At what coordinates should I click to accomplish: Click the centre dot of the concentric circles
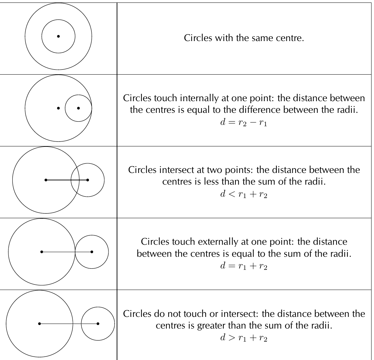(x=58, y=36)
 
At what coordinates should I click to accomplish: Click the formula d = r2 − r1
(x=244, y=122)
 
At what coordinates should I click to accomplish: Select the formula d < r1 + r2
(x=244, y=194)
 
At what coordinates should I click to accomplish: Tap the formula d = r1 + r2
(x=244, y=266)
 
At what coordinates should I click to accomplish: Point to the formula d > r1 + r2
(x=244, y=338)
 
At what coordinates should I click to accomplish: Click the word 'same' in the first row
(x=262, y=38)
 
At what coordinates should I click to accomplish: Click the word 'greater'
(x=211, y=326)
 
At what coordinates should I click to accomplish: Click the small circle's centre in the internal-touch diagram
(x=78, y=108)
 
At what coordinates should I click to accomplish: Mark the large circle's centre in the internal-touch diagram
(x=58, y=108)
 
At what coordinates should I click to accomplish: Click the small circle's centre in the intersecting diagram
(x=88, y=180)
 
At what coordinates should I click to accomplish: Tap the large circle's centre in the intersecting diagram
(x=46, y=180)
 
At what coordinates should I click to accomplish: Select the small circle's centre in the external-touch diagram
(x=92, y=252)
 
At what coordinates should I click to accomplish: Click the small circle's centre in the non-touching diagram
(x=98, y=324)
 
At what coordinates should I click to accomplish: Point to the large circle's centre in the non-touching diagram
(x=40, y=324)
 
